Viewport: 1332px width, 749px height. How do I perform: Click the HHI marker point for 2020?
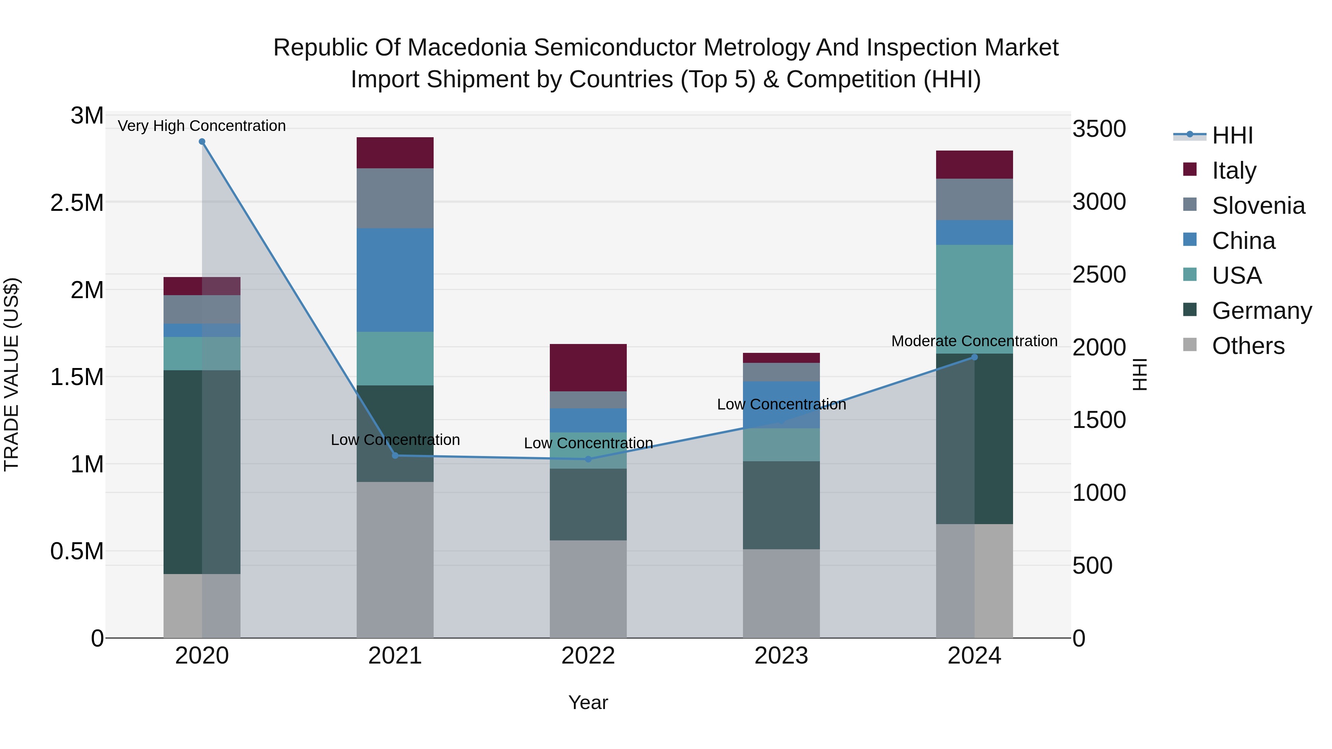pyautogui.click(x=202, y=142)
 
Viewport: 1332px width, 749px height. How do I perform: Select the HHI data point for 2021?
pyautogui.click(x=395, y=455)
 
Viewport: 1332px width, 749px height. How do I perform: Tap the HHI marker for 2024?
pyautogui.click(x=974, y=357)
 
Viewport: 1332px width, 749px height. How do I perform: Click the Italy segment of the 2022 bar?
pyautogui.click(x=588, y=368)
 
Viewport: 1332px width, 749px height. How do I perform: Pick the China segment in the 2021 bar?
pyautogui.click(x=395, y=280)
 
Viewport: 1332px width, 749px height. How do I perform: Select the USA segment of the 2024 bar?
pyautogui.click(x=974, y=299)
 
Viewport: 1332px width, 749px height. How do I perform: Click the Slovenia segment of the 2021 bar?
pyautogui.click(x=395, y=198)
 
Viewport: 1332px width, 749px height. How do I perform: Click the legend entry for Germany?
pyautogui.click(x=1261, y=311)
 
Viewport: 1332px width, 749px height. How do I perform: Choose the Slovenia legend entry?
pyautogui.click(x=1258, y=206)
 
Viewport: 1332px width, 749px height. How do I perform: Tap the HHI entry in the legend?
pyautogui.click(x=1232, y=135)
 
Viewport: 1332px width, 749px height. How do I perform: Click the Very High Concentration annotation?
pyautogui.click(x=202, y=126)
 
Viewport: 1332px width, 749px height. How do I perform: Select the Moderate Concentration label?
pyautogui.click(x=974, y=341)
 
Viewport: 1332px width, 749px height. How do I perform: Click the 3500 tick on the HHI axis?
pyautogui.click(x=1099, y=129)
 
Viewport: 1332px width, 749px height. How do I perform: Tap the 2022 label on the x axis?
pyautogui.click(x=588, y=656)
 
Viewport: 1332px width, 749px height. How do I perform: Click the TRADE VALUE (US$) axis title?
pyautogui.click(x=11, y=374)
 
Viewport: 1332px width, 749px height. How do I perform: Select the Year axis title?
pyautogui.click(x=588, y=702)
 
